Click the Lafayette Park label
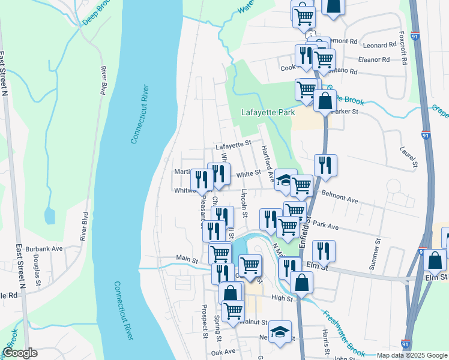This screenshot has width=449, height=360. tap(268, 112)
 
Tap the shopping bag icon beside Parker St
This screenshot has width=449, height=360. tap(325, 101)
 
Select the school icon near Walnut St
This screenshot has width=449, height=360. tap(280, 332)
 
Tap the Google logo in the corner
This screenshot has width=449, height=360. tap(20, 353)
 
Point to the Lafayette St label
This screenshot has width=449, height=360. tap(233, 145)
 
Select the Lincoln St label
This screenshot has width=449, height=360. tap(244, 203)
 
